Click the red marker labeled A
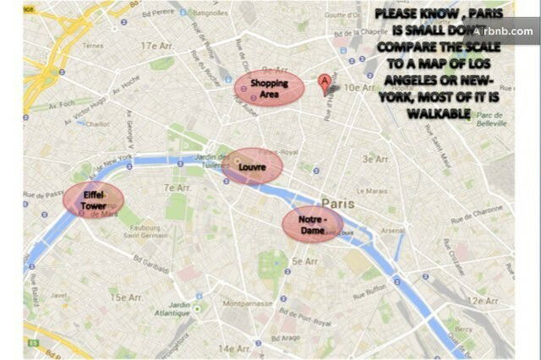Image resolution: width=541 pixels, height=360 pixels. [x=324, y=84]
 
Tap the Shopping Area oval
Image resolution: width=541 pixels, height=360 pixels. [x=268, y=89]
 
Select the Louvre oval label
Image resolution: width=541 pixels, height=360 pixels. [x=252, y=166]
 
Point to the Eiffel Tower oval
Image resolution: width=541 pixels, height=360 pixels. [x=94, y=199]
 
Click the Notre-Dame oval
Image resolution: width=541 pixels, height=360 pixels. [x=313, y=224]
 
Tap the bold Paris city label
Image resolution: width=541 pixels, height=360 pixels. [x=337, y=203]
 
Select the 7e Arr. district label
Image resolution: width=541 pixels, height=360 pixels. [x=177, y=188]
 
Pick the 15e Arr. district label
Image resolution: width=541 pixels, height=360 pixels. [x=129, y=297]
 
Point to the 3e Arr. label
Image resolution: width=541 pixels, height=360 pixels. [x=375, y=159]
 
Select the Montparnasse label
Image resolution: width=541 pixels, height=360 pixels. [x=246, y=302]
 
